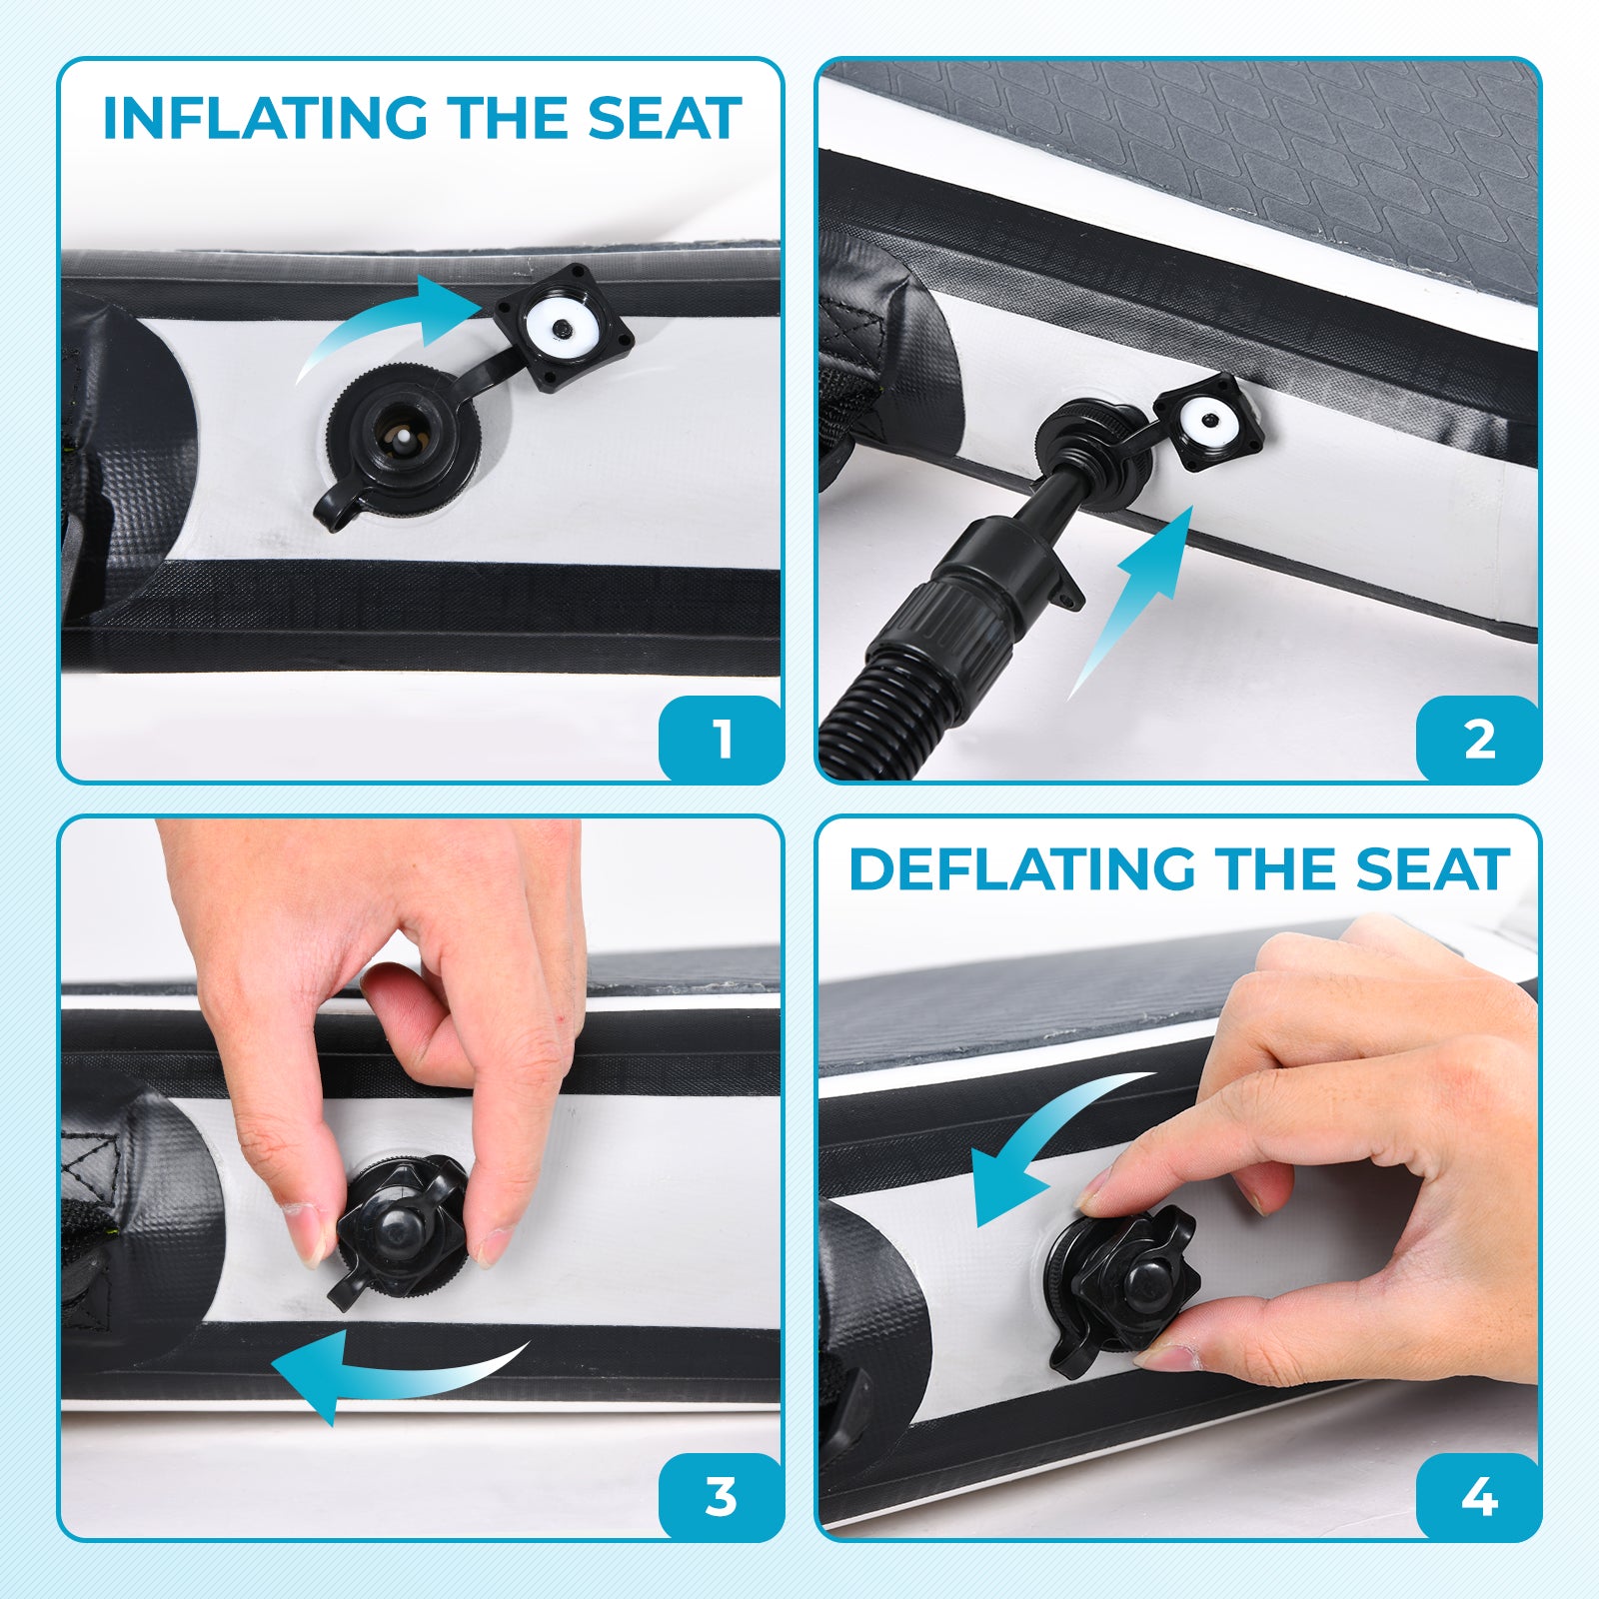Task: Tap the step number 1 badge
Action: tap(721, 740)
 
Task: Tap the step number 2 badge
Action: tap(1478, 740)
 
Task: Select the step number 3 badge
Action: tap(721, 1497)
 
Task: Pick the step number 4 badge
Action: tap(1478, 1497)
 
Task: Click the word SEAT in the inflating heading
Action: tap(664, 118)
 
